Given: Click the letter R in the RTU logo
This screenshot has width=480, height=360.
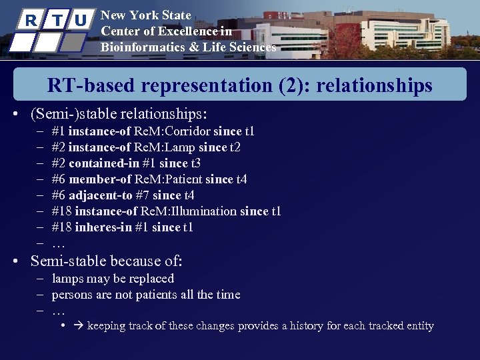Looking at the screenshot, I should [30, 20].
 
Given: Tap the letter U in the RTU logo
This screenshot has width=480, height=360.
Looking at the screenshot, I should [81, 21].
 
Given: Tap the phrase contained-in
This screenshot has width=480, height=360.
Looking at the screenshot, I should [99, 163].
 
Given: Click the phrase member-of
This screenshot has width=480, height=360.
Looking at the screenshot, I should [99, 179].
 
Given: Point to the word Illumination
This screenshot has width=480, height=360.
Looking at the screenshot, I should [205, 211].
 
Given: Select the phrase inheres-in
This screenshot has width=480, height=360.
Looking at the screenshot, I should [102, 227].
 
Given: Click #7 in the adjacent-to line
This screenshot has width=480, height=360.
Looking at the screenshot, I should [143, 195].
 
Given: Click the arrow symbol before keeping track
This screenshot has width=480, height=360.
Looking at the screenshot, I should [79, 326].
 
